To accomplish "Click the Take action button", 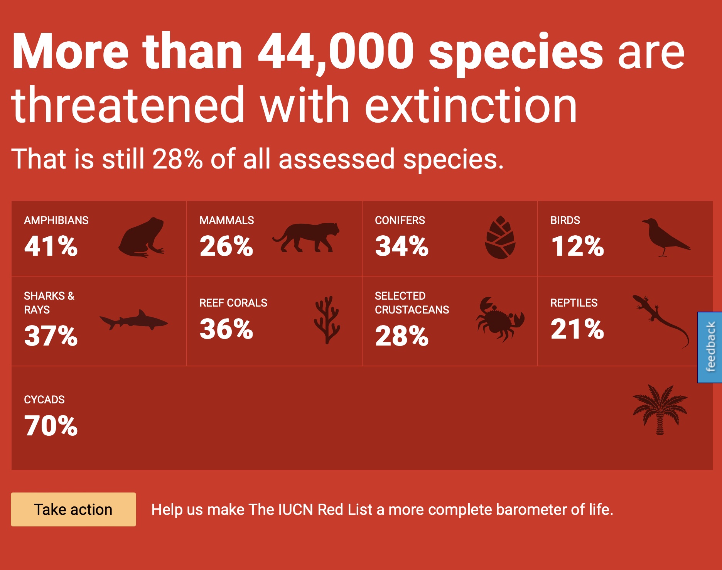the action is tap(73, 509).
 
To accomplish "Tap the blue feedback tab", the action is tap(710, 347).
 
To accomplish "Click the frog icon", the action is tap(142, 237).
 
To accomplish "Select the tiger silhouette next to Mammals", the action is tap(306, 237).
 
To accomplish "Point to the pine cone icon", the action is tap(500, 237).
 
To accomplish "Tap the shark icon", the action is tap(133, 320).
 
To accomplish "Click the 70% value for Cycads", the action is tap(51, 426).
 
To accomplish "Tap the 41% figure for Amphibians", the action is tap(51, 246).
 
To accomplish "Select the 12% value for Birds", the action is tap(577, 246).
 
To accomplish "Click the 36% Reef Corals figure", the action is tap(226, 329).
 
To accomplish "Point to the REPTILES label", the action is tap(574, 303).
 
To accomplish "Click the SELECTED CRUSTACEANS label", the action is tap(412, 303).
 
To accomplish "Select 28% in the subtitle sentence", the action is tap(177, 159).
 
